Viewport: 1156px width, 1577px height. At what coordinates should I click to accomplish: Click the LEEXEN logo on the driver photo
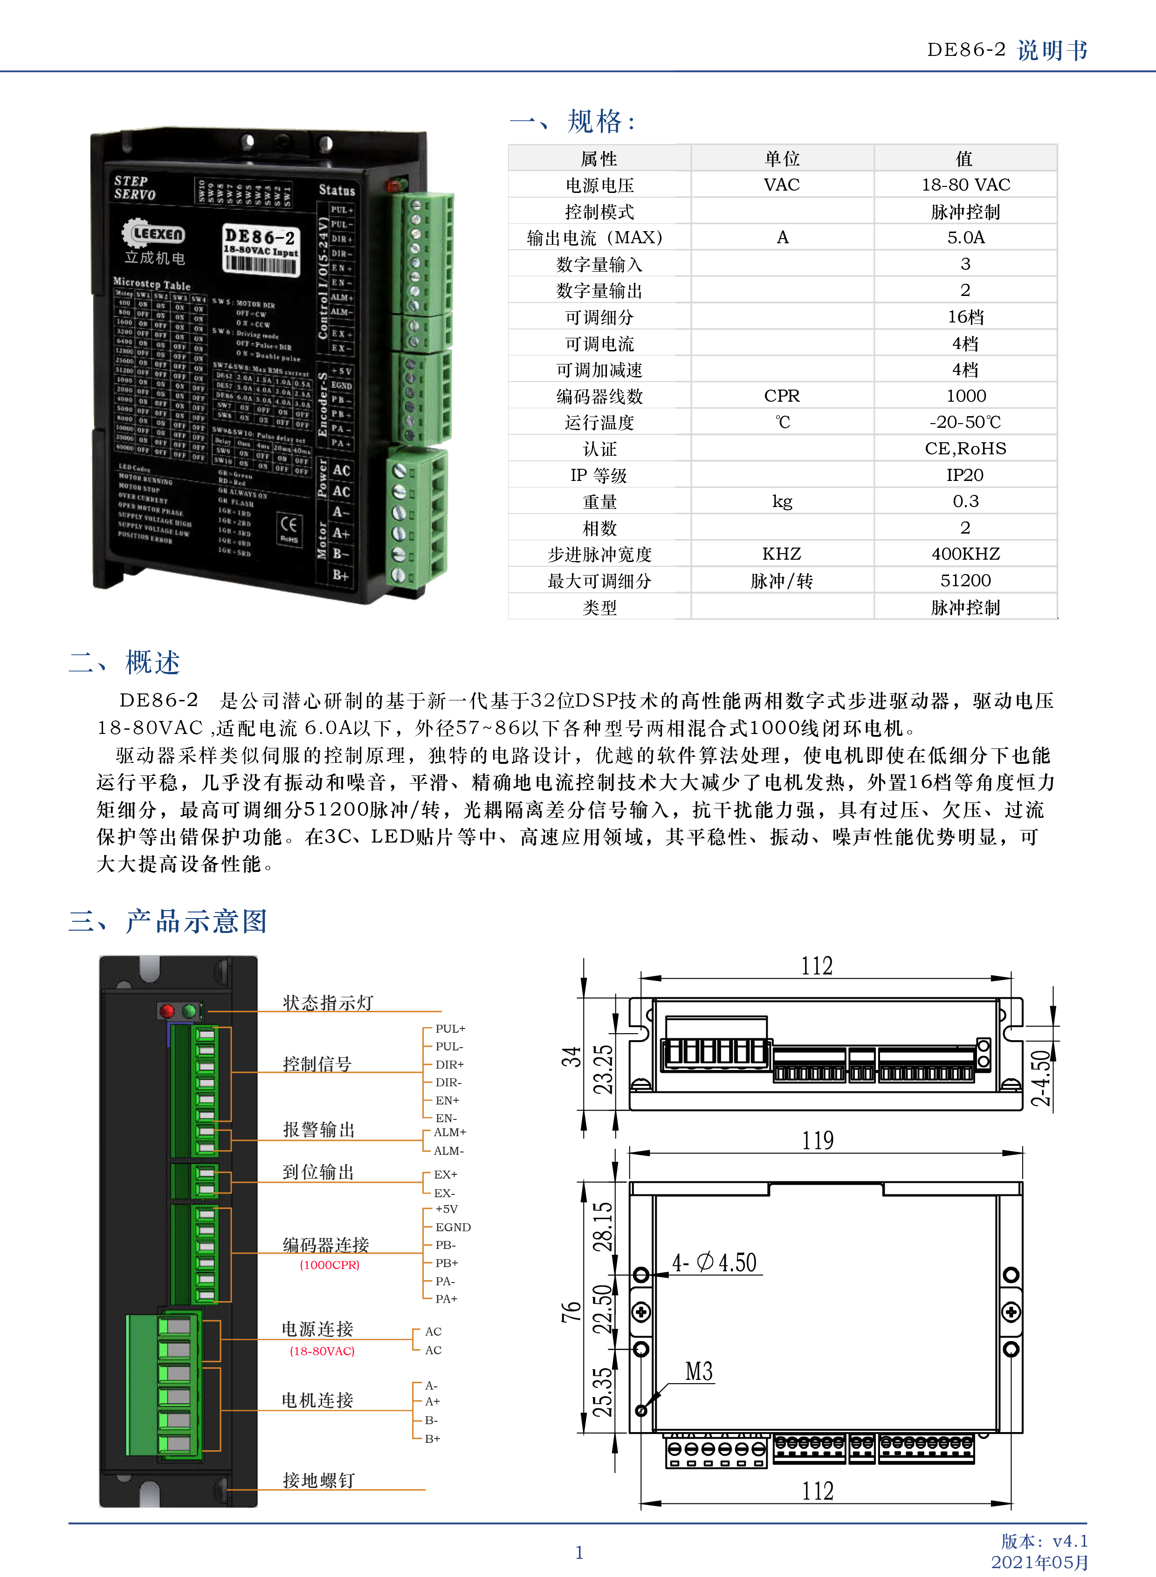coord(154,233)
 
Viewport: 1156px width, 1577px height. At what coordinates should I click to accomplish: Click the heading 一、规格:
coord(572,122)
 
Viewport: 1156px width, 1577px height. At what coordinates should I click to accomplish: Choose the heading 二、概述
coord(124,662)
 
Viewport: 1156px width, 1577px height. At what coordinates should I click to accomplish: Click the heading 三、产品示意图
coord(168,921)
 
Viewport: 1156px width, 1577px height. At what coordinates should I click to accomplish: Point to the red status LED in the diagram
coord(167,1010)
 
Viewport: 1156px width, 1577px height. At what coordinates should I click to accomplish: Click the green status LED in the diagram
coord(189,1010)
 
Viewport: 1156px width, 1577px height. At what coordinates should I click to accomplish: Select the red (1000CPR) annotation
coord(330,1264)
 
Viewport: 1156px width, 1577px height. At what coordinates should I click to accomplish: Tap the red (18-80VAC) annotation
coord(322,1351)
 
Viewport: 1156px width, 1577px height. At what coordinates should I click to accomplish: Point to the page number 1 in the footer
coord(579,1552)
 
